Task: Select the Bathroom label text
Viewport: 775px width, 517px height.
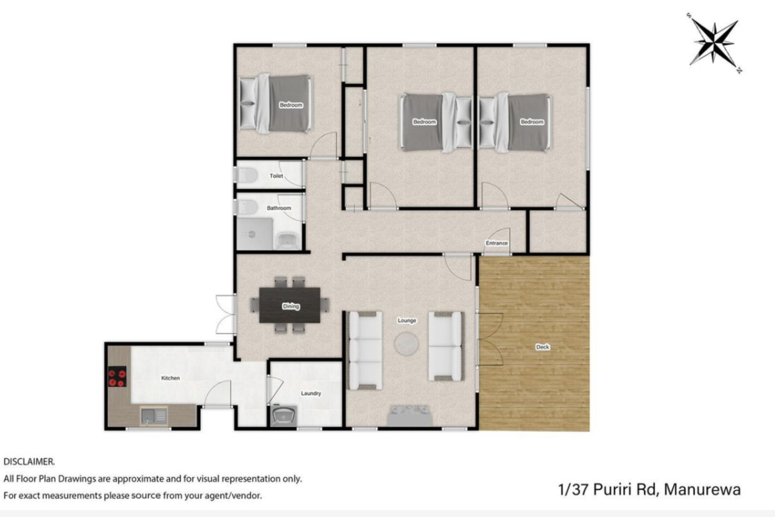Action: coord(279,208)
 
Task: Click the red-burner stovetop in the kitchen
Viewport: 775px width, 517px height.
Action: coord(117,376)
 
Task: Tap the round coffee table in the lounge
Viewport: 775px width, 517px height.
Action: coord(406,344)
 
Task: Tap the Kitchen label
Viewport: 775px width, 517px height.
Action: coord(170,378)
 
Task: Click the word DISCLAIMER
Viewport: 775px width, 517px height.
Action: coord(29,462)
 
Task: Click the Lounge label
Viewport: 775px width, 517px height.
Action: coord(407,320)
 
